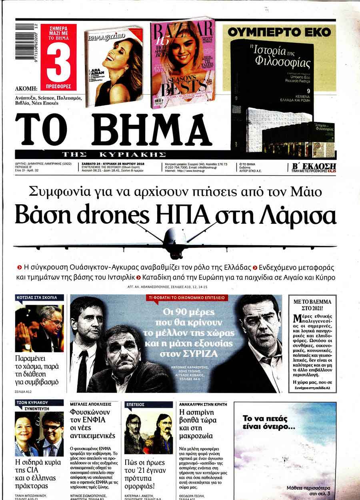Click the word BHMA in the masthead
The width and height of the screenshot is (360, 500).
pos(154,129)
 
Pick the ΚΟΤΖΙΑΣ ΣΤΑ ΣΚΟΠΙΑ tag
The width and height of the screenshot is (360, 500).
pos(40,298)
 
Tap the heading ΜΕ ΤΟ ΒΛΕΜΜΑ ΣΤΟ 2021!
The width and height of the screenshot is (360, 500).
pos(312,306)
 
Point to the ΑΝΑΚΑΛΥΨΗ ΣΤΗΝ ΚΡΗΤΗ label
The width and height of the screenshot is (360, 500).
pos(203,404)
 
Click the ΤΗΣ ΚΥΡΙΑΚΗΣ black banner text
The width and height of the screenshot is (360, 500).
pos(114,154)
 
